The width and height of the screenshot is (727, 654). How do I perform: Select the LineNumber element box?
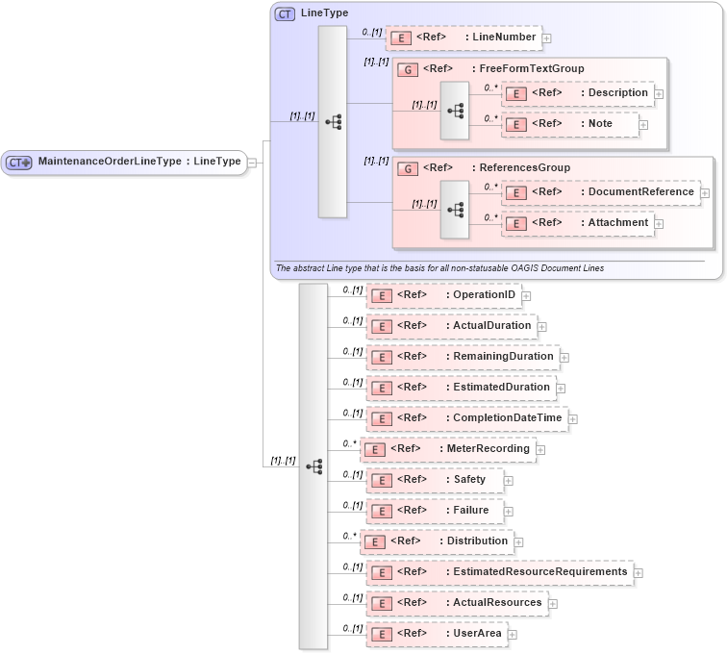tap(463, 38)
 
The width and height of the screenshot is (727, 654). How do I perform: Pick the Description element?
tap(577, 93)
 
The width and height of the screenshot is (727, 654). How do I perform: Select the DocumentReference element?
tap(600, 192)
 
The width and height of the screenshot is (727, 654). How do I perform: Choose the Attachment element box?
tap(577, 223)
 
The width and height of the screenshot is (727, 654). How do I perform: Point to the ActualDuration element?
tap(450, 326)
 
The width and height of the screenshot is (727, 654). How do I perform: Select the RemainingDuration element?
tap(461, 357)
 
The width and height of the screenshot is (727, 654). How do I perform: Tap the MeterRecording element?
tap(447, 449)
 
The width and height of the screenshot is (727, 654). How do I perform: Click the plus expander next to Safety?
tap(509, 480)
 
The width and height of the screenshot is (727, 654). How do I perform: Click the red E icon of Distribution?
tap(374, 541)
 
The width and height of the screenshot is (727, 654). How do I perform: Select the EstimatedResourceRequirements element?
tap(498, 572)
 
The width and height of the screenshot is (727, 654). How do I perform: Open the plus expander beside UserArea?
tap(513, 635)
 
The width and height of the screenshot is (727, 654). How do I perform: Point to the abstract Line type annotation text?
tap(439, 268)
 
